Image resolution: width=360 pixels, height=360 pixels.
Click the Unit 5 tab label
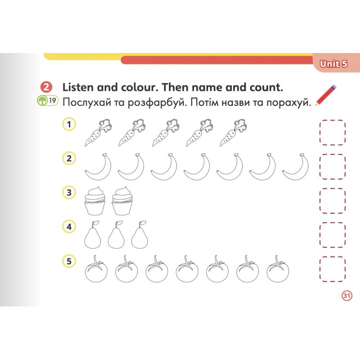click(x=333, y=64)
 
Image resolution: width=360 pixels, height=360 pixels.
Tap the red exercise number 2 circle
click(x=46, y=87)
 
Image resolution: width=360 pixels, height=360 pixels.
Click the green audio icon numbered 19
click(x=48, y=100)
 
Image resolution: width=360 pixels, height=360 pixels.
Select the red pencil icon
click(x=325, y=95)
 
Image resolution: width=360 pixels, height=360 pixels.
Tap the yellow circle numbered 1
click(x=69, y=124)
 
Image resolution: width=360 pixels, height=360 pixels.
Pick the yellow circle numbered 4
click(x=69, y=227)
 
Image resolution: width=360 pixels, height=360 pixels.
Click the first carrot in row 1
click(x=98, y=133)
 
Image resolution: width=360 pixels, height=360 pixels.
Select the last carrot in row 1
click(x=233, y=133)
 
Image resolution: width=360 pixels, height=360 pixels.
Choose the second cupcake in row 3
click(x=122, y=201)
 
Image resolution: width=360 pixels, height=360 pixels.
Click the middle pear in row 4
click(x=116, y=235)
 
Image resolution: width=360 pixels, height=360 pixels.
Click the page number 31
click(x=346, y=296)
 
